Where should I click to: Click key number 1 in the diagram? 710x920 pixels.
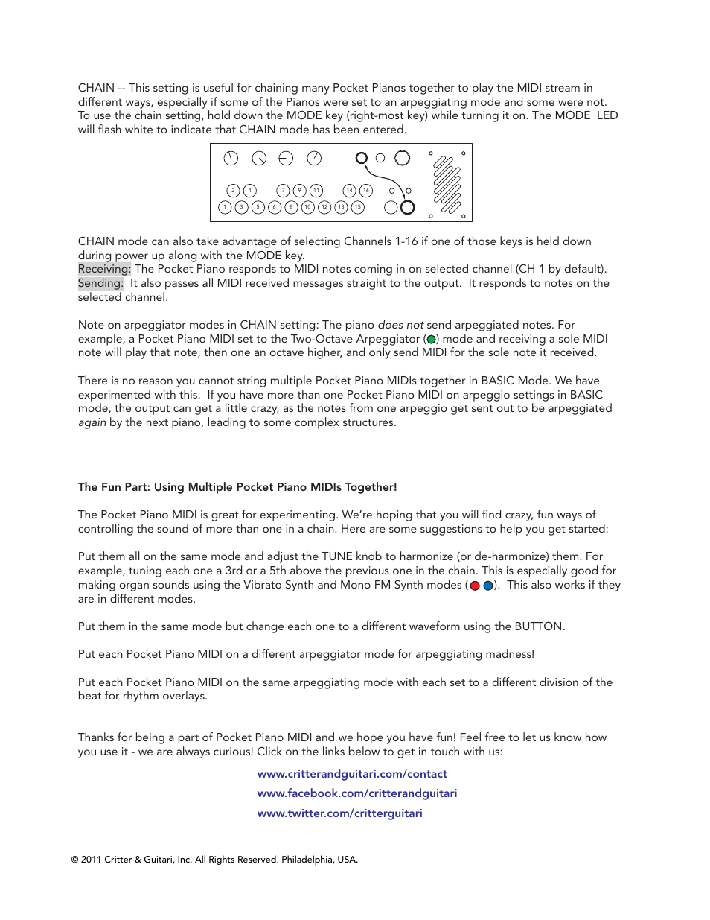click(x=225, y=207)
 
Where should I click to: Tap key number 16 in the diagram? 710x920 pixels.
click(x=366, y=191)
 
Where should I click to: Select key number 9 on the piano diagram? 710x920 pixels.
click(x=299, y=191)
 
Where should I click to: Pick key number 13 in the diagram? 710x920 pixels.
click(x=341, y=207)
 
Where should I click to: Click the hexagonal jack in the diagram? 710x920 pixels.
click(x=403, y=158)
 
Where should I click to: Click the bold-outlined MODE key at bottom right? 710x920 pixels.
click(x=407, y=207)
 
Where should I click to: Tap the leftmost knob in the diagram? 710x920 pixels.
click(x=231, y=158)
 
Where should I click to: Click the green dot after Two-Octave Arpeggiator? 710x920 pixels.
click(x=431, y=339)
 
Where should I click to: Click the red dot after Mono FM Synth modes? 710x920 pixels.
click(x=475, y=586)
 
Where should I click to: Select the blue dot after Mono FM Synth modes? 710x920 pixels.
click(x=488, y=586)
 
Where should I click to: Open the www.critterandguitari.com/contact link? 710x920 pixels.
click(x=352, y=774)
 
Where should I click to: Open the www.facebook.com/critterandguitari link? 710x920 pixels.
click(x=357, y=793)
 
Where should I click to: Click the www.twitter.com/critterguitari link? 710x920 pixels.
click(x=339, y=813)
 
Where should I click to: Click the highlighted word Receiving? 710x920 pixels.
click(x=104, y=269)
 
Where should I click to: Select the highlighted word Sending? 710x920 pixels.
click(x=100, y=283)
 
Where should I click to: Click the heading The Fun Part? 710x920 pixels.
click(x=237, y=487)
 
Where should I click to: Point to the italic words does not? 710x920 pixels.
click(x=400, y=325)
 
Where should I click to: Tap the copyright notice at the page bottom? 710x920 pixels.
click(x=214, y=860)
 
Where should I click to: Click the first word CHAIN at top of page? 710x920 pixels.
click(x=96, y=88)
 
